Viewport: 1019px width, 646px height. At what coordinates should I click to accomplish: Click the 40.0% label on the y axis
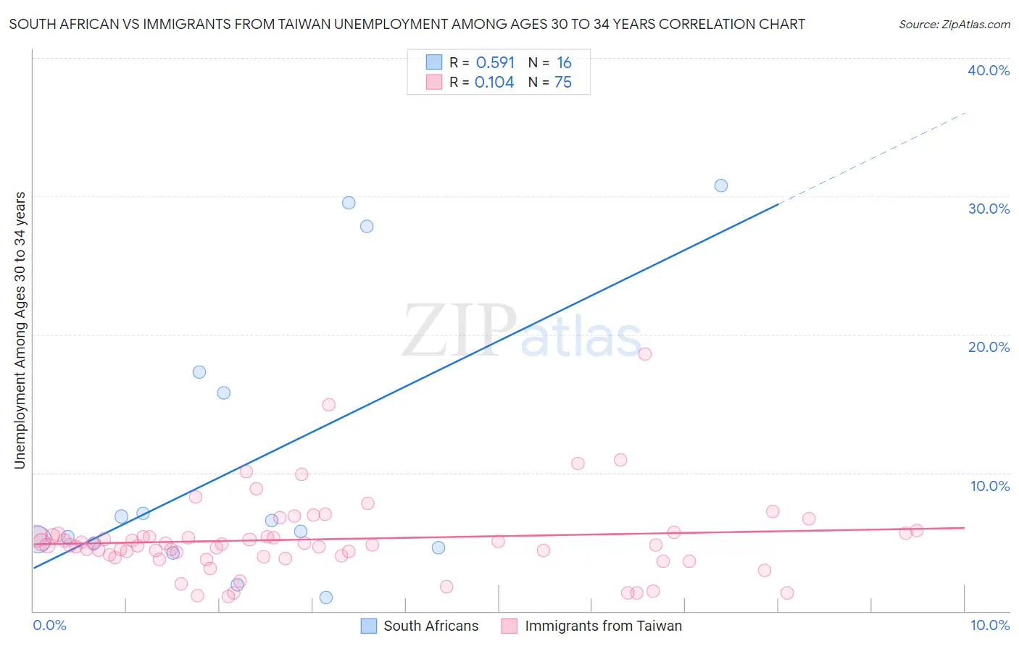(989, 70)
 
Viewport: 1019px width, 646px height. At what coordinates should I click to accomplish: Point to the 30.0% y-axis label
(989, 209)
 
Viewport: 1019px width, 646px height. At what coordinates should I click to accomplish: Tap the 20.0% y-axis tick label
(989, 347)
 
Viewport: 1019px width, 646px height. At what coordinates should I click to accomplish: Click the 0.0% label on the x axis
(50, 625)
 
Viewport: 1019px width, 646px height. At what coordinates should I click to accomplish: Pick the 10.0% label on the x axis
(990, 625)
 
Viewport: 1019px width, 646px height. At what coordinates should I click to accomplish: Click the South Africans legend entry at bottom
(431, 626)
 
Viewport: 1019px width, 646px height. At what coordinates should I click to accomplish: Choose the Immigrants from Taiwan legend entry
(603, 626)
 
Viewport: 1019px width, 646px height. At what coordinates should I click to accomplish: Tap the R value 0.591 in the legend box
(495, 63)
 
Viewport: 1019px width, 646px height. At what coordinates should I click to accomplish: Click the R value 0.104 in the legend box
(494, 83)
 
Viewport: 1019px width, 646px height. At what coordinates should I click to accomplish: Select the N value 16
(564, 63)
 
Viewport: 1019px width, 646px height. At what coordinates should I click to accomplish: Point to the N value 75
(563, 83)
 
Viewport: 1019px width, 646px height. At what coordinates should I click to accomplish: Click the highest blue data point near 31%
(720, 185)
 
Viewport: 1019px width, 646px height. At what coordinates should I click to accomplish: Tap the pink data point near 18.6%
(645, 354)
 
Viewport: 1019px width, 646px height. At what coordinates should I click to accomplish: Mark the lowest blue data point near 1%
(326, 597)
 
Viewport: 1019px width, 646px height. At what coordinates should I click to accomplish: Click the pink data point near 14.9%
(328, 405)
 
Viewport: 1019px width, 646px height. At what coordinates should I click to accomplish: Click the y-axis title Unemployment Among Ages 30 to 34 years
(20, 330)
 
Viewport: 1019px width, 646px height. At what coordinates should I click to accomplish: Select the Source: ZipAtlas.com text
(954, 25)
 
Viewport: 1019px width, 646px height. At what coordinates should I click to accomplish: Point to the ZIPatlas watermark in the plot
(522, 332)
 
